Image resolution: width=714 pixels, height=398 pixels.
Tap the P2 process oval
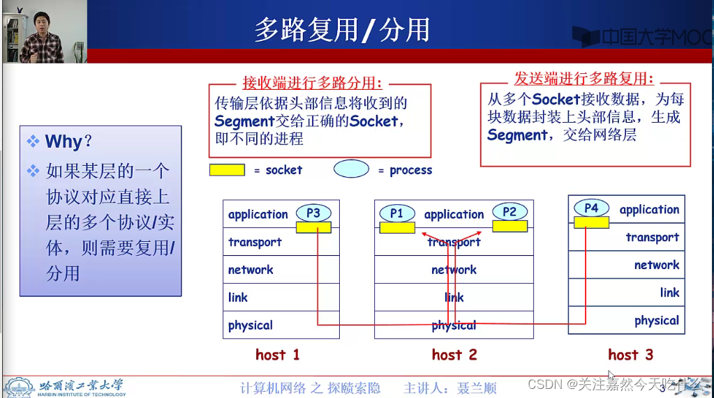pyautogui.click(x=510, y=212)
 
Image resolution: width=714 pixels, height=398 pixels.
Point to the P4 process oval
pyautogui.click(x=591, y=208)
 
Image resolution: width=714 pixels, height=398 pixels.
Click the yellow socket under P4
pyautogui.click(x=591, y=222)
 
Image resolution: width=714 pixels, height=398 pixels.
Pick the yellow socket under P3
pyautogui.click(x=313, y=227)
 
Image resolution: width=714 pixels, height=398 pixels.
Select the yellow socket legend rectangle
pyautogui.click(x=227, y=170)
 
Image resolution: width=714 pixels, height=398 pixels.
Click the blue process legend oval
pyautogui.click(x=351, y=169)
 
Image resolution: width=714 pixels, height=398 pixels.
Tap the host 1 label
pyautogui.click(x=278, y=355)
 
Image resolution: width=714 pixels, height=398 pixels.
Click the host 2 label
pyautogui.click(x=454, y=355)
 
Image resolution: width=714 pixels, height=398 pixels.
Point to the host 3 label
pyautogui.click(x=630, y=355)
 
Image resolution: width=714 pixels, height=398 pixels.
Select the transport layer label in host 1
pyautogui.click(x=255, y=243)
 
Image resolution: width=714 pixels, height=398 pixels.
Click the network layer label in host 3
pyautogui.click(x=656, y=265)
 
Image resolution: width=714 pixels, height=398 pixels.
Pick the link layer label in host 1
pyautogui.click(x=238, y=298)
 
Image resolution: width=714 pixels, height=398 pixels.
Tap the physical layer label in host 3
pyautogui.click(x=656, y=321)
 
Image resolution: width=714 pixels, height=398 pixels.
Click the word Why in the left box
pyautogui.click(x=64, y=141)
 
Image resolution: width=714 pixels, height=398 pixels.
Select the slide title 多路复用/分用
pyautogui.click(x=341, y=30)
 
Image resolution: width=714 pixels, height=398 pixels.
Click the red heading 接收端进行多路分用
pyautogui.click(x=312, y=84)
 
